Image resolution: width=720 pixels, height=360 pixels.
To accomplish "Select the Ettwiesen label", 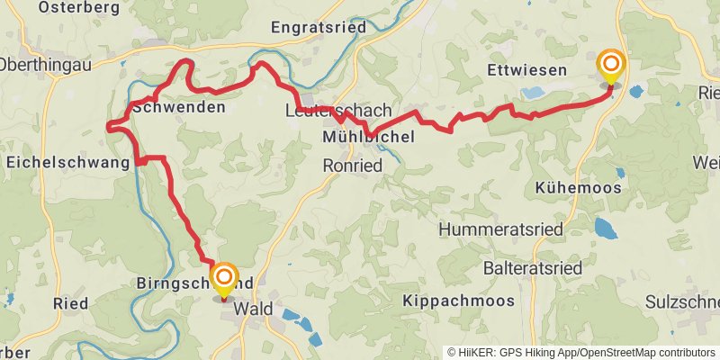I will (x=526, y=69).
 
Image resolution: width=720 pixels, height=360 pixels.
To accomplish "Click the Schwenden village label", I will (x=178, y=107).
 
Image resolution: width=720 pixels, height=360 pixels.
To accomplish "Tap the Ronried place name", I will (x=353, y=166).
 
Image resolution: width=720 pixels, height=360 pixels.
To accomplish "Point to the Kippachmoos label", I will (x=459, y=300).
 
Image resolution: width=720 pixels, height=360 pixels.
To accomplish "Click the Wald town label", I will (x=254, y=309).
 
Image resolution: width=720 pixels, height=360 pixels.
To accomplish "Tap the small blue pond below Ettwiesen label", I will (x=533, y=93).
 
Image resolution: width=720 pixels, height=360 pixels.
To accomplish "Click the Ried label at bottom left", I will (x=70, y=302).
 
